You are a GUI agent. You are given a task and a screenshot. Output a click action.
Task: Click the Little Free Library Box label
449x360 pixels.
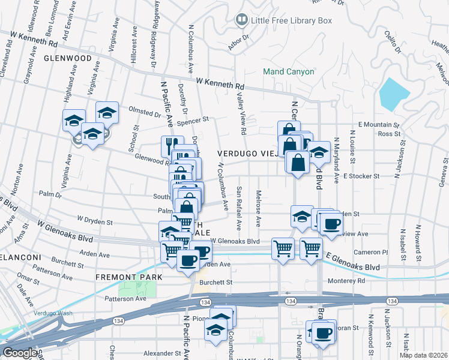291,20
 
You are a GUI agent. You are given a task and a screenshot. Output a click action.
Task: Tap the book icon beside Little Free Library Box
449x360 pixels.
241,20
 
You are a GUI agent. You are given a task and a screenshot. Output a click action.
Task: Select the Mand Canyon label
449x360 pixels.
289,71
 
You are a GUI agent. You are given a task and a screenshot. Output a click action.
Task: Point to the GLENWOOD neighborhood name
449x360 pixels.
68,58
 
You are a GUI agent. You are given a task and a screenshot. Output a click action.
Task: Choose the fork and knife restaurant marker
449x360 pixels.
169,146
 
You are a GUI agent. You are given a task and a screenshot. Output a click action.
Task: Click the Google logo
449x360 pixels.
19,353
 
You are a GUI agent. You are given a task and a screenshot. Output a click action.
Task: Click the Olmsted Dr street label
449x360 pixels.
145,111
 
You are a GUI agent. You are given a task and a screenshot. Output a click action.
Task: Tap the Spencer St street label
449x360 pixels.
193,119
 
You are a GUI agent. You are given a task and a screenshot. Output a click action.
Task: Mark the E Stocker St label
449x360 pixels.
362,176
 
